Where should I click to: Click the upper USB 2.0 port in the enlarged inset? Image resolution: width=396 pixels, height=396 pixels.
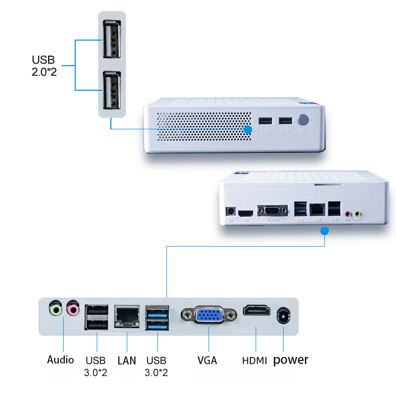pos(111,39)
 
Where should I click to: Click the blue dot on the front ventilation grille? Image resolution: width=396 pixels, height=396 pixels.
pos(247,129)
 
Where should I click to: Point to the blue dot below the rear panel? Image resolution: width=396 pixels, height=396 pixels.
pos(324,231)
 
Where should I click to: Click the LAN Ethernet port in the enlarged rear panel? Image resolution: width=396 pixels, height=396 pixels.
pos(127,317)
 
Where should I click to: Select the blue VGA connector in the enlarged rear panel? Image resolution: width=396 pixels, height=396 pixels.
pos(209,315)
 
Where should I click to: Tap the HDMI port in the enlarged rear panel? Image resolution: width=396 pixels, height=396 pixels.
pos(256,311)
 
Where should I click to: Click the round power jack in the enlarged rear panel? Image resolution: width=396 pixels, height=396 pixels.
pos(284,316)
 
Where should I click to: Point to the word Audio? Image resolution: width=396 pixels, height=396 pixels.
pos(61,359)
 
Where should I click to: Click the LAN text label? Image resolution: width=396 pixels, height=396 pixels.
pos(127,360)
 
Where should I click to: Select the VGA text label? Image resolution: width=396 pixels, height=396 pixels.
pos(207,360)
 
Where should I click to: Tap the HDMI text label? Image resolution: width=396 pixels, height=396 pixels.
pos(255,360)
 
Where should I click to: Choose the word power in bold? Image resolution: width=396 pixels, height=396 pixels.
pos(291,359)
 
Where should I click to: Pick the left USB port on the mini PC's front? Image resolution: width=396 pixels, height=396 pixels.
pos(265,121)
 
